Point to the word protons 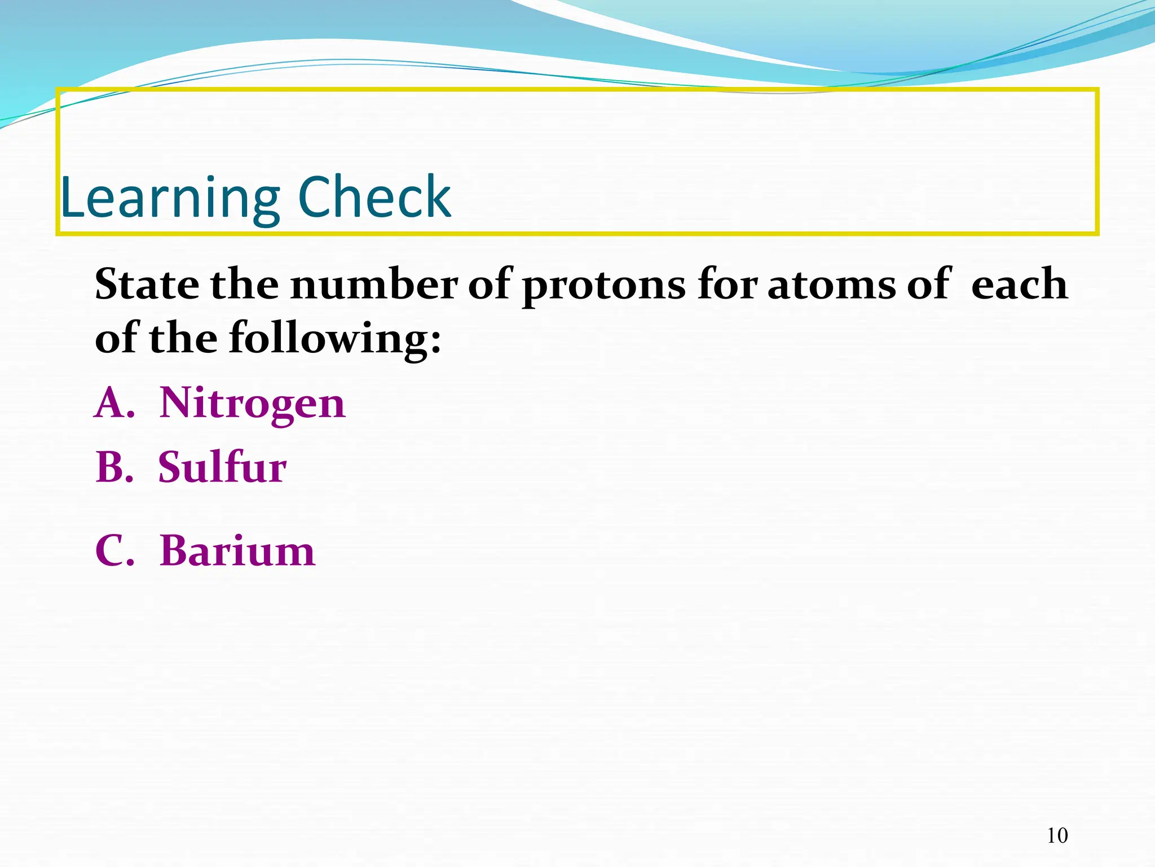pos(603,286)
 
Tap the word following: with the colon pos(335,339)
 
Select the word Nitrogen pos(252,404)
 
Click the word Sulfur pos(222,468)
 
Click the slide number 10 pos(1057,835)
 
